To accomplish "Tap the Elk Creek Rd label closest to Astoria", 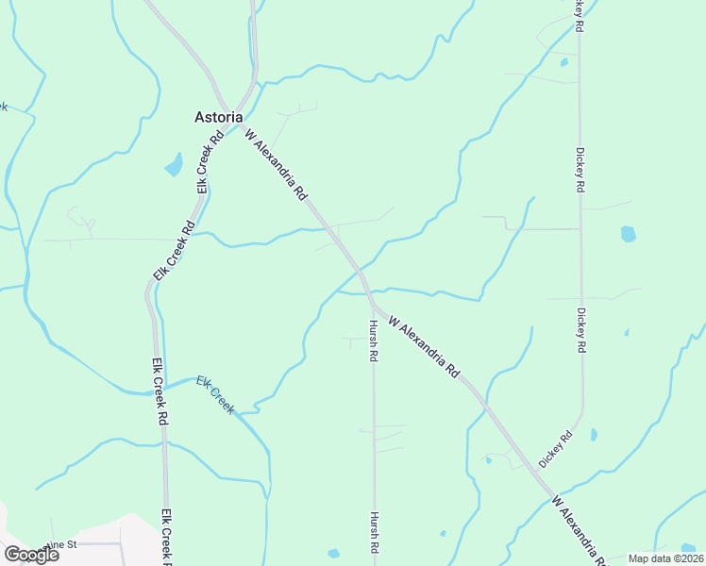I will click(x=210, y=161).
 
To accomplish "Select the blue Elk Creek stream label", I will click(x=215, y=393).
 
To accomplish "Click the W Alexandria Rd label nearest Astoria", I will click(x=277, y=165).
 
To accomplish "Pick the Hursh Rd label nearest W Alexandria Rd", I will click(x=374, y=341).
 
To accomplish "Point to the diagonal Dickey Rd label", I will click(x=556, y=449).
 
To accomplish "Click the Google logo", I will click(x=31, y=555).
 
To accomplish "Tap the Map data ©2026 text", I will click(x=665, y=558).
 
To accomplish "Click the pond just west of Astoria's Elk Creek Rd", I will click(x=174, y=166).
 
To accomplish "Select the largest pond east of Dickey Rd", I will click(x=629, y=233).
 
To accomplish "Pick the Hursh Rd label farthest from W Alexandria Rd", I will click(x=375, y=533).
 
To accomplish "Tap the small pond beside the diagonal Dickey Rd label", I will click(x=593, y=435).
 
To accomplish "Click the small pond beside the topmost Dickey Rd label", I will click(x=563, y=62).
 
